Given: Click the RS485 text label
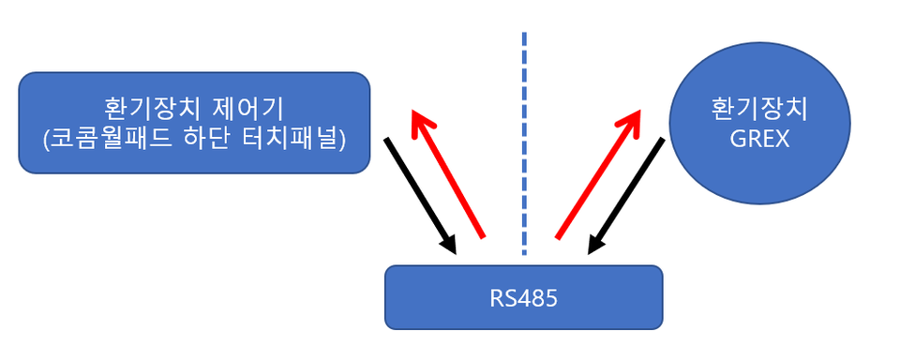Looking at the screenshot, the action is [x=523, y=298].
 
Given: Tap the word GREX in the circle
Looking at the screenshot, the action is [x=760, y=139].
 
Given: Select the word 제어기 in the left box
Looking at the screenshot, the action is [x=249, y=108].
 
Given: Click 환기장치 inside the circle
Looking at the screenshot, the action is [x=759, y=110].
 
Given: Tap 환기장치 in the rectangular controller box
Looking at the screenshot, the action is [x=152, y=108].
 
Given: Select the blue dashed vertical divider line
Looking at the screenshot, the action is [x=524, y=143].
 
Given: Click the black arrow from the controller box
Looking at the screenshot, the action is [x=420, y=196].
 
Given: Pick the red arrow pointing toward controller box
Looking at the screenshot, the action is [x=447, y=173].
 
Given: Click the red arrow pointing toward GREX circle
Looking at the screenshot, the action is [x=598, y=173].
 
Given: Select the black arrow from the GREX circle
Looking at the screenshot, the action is [x=625, y=196].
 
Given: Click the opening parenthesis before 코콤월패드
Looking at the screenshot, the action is [x=47, y=141].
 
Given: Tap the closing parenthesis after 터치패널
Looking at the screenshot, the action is [x=343, y=141].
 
